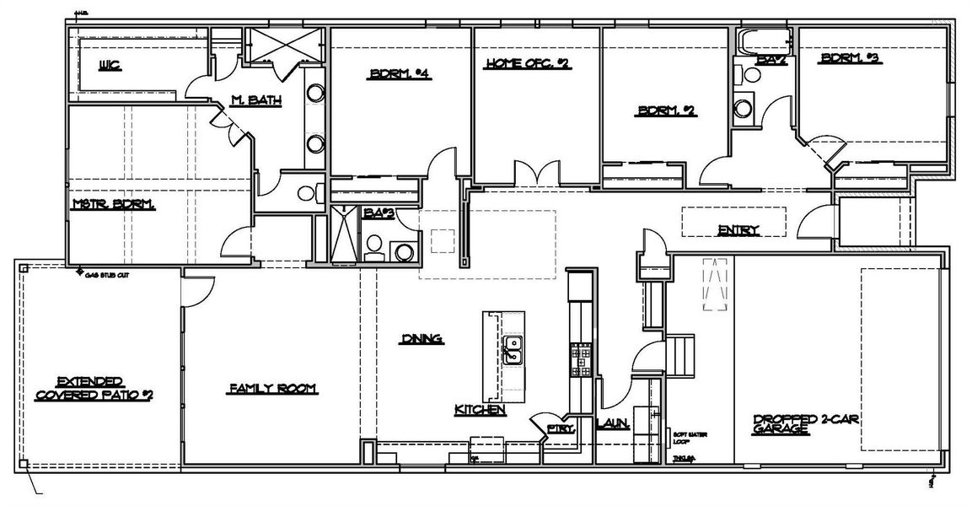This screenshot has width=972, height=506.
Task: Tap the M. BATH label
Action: pos(255,102)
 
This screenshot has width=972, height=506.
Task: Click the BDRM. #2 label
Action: pos(666,110)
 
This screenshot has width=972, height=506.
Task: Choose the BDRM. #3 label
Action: pos(850,59)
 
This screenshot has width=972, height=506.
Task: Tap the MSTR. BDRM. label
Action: pos(113,204)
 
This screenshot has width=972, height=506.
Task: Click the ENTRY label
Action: pos(738,229)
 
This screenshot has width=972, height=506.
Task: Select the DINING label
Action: pos(422,339)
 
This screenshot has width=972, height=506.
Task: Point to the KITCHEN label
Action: pos(480,411)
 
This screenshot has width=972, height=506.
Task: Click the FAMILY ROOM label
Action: pos(272,389)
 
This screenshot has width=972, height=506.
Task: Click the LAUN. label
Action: pos(613,424)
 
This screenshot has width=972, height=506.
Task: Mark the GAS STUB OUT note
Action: pos(105,274)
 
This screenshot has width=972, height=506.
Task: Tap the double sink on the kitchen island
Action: pos(512,350)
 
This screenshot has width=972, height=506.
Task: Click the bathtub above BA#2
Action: pos(764,40)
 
